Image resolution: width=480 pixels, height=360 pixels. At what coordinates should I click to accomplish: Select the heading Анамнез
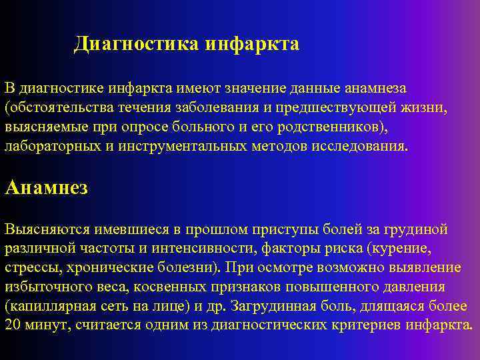pos(46,187)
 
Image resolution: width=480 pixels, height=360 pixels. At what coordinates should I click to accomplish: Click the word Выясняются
pos(39,229)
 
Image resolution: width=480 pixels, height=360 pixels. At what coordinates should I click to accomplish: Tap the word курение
pos(402,249)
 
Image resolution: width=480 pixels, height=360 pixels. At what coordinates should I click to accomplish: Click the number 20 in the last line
pos(12,325)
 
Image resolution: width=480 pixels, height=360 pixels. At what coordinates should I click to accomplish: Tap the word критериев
pos(367,325)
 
